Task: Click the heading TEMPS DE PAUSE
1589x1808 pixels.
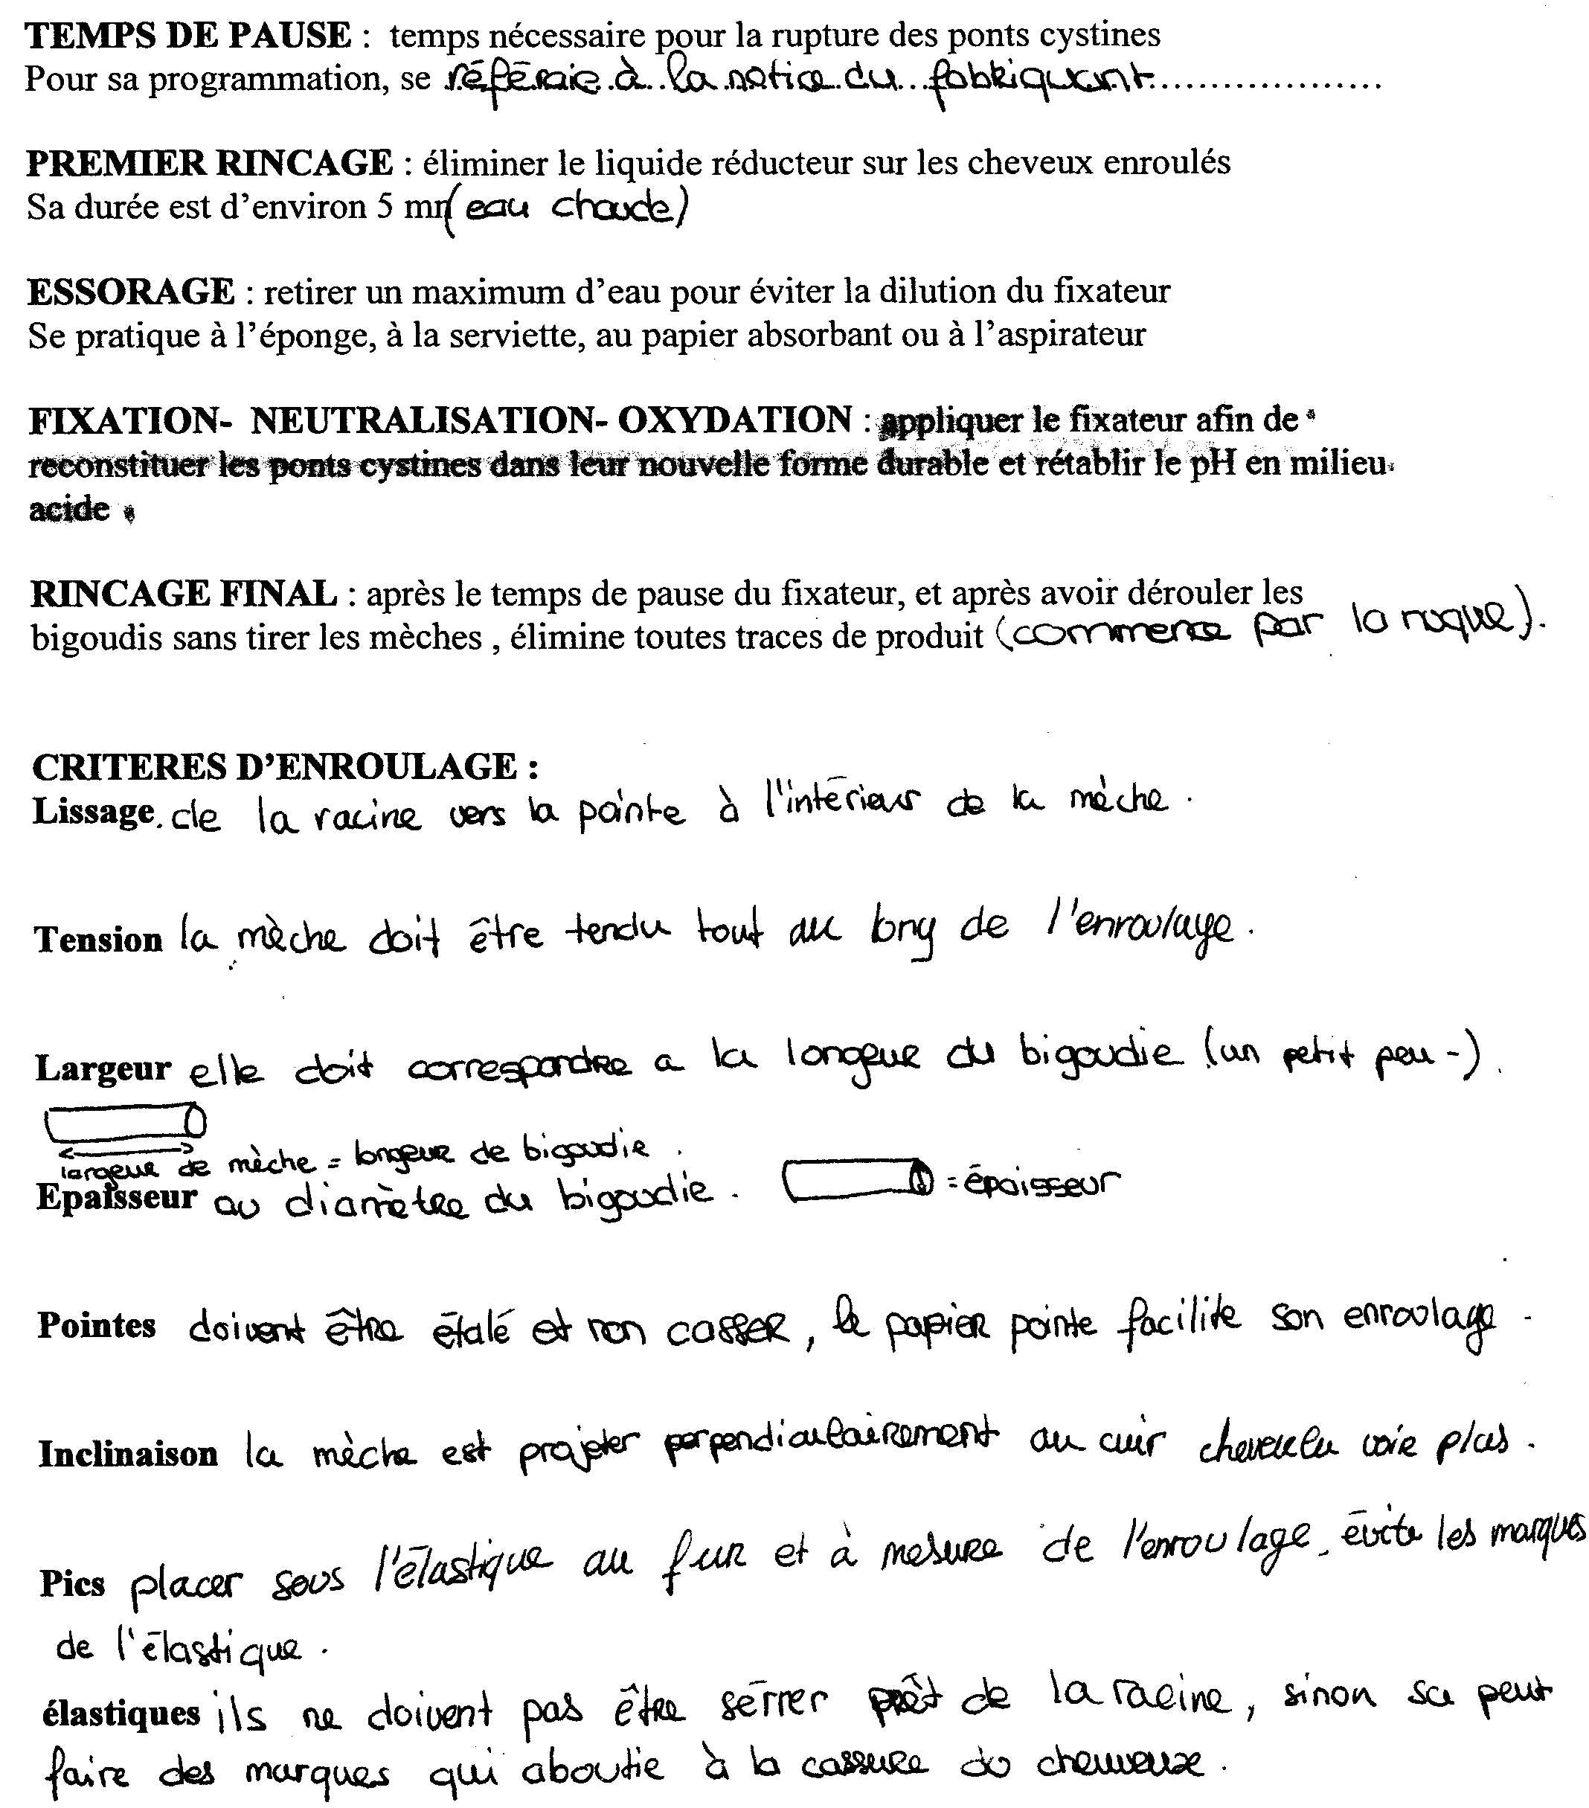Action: (188, 36)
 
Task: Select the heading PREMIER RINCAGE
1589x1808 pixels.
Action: (210, 163)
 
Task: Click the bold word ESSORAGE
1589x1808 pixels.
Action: (131, 291)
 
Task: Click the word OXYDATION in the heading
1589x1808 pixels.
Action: (734, 420)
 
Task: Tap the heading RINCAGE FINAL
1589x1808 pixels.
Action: (184, 593)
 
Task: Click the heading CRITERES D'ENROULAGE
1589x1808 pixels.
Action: (285, 766)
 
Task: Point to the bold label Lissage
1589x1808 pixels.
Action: (94, 811)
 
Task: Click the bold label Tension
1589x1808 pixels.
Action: (98, 940)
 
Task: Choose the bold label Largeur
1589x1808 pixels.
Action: (103, 1068)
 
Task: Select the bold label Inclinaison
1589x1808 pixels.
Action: (128, 1454)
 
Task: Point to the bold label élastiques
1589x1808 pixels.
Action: (121, 1714)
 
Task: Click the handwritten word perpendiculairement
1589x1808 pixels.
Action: (830, 1443)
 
